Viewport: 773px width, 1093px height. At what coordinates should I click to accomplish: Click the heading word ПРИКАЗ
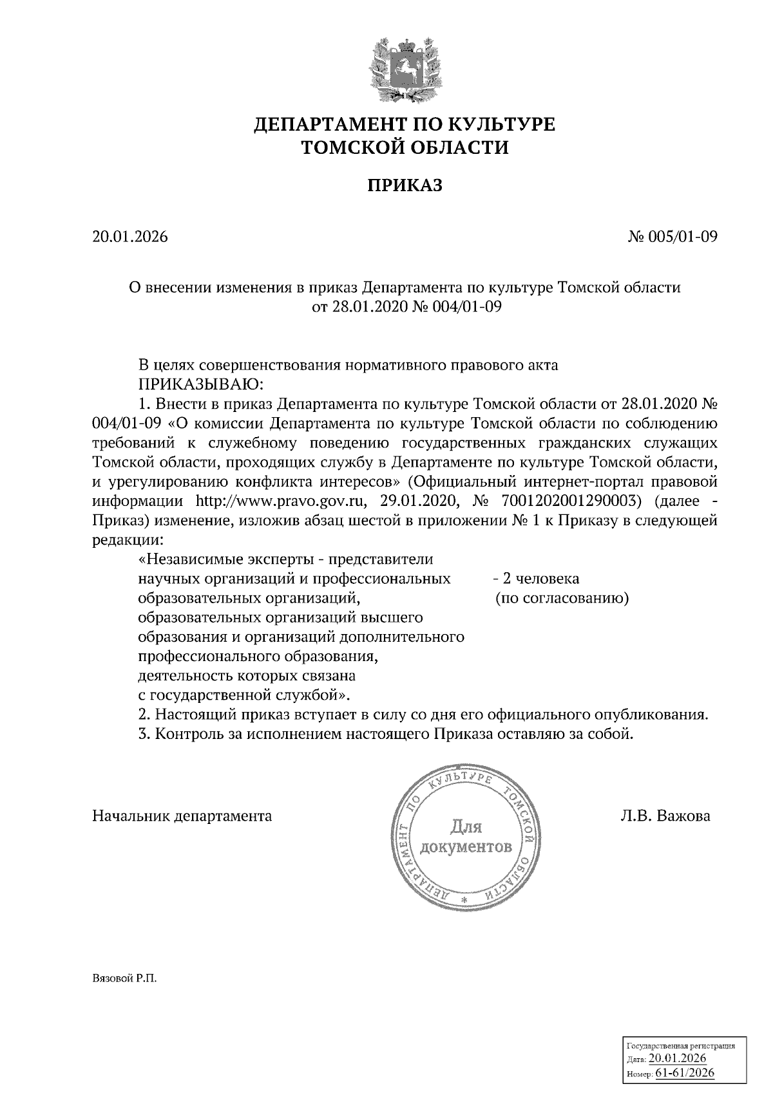point(405,186)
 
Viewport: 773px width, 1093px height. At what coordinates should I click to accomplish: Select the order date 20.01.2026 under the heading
point(130,237)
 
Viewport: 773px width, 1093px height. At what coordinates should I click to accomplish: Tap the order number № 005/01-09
point(673,237)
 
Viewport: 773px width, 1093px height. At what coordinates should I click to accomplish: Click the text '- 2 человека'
point(535,579)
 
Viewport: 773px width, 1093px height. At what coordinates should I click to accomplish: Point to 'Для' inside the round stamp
point(465,827)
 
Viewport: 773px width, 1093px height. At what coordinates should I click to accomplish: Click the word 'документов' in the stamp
point(466,846)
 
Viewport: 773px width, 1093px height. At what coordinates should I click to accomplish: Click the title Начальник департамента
point(182,816)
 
